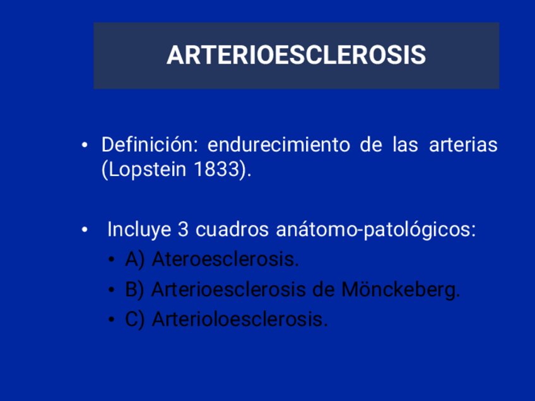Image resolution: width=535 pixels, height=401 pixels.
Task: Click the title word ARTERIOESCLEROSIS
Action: (296, 55)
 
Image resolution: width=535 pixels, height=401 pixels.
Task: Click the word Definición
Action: (146, 145)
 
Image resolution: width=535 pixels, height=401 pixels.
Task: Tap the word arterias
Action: (463, 145)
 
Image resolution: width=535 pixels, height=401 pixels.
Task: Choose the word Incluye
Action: (139, 230)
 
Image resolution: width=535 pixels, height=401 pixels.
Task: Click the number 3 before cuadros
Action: (184, 230)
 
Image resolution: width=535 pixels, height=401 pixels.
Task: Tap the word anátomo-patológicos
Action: (376, 230)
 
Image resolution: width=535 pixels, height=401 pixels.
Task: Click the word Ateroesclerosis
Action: (225, 260)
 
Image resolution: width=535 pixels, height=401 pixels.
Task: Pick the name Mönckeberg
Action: (401, 290)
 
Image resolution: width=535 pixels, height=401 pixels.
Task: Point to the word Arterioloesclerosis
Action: (240, 320)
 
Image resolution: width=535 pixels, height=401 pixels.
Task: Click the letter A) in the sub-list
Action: (135, 260)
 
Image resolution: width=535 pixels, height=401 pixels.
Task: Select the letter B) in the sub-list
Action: (135, 290)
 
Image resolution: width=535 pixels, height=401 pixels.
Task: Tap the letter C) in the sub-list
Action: (135, 320)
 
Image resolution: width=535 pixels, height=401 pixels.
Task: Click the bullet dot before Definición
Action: (85, 146)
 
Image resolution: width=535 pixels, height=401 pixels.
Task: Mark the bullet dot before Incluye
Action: (85, 230)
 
